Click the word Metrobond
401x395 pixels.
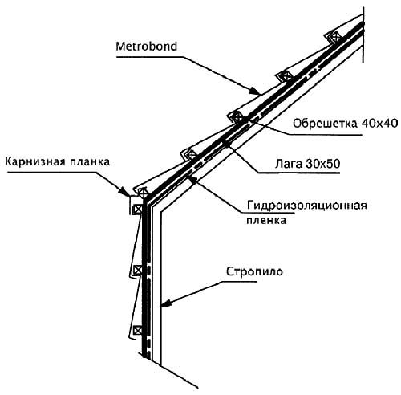147,47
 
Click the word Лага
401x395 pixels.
289,164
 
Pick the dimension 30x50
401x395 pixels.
322,164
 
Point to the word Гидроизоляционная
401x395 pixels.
306,206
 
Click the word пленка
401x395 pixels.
266,221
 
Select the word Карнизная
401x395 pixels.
34,162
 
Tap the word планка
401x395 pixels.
88,162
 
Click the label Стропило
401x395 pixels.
254,271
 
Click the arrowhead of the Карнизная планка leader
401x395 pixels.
125,191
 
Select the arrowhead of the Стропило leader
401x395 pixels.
164,303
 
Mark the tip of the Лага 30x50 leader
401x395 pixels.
226,143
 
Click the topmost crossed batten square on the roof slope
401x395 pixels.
335,36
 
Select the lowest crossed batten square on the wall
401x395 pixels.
138,330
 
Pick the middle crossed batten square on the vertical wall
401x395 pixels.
138,270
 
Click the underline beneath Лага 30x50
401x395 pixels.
299,173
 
